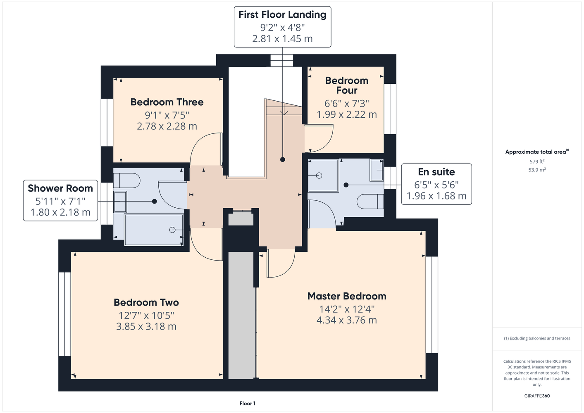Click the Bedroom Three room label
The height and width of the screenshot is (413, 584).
pyautogui.click(x=167, y=102)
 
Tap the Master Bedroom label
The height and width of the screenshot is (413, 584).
pyautogui.click(x=347, y=296)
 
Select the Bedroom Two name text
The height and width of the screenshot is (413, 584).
pyautogui.click(x=146, y=302)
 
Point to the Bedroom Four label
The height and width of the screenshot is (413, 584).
pyautogui.click(x=347, y=85)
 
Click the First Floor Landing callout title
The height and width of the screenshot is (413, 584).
pyautogui.click(x=282, y=14)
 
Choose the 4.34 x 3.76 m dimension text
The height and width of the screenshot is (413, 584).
pyautogui.click(x=347, y=320)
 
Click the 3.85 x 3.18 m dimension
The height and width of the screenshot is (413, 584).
pyautogui.click(x=146, y=327)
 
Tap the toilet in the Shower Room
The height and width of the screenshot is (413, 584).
pyautogui.click(x=127, y=180)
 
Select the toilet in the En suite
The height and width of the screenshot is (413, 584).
pyautogui.click(x=370, y=202)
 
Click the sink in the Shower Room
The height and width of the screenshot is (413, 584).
pyautogui.click(x=120, y=202)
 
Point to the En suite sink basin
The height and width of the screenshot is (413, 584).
pyautogui.click(x=377, y=170)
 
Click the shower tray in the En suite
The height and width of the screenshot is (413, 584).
pyautogui.click(x=323, y=176)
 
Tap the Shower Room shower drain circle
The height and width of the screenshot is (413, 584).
pyautogui.click(x=172, y=230)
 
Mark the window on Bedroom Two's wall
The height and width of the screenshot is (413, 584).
pyautogui.click(x=64, y=314)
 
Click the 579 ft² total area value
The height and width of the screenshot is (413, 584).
pyautogui.click(x=537, y=161)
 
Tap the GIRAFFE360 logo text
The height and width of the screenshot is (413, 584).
pyautogui.click(x=537, y=396)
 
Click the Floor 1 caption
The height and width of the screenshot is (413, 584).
pyautogui.click(x=248, y=404)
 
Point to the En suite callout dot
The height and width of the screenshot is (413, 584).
pyautogui.click(x=346, y=185)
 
